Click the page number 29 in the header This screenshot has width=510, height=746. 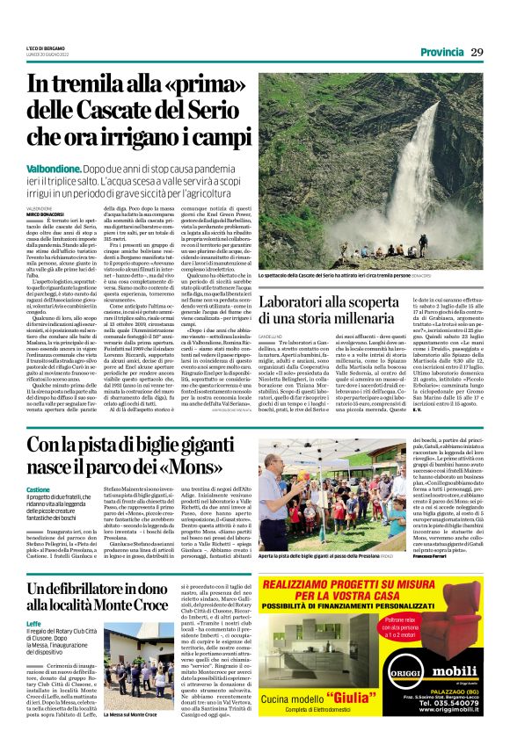coord(477,52)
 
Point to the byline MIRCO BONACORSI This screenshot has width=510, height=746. coord(44,213)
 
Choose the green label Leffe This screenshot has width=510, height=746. coord(33,623)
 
